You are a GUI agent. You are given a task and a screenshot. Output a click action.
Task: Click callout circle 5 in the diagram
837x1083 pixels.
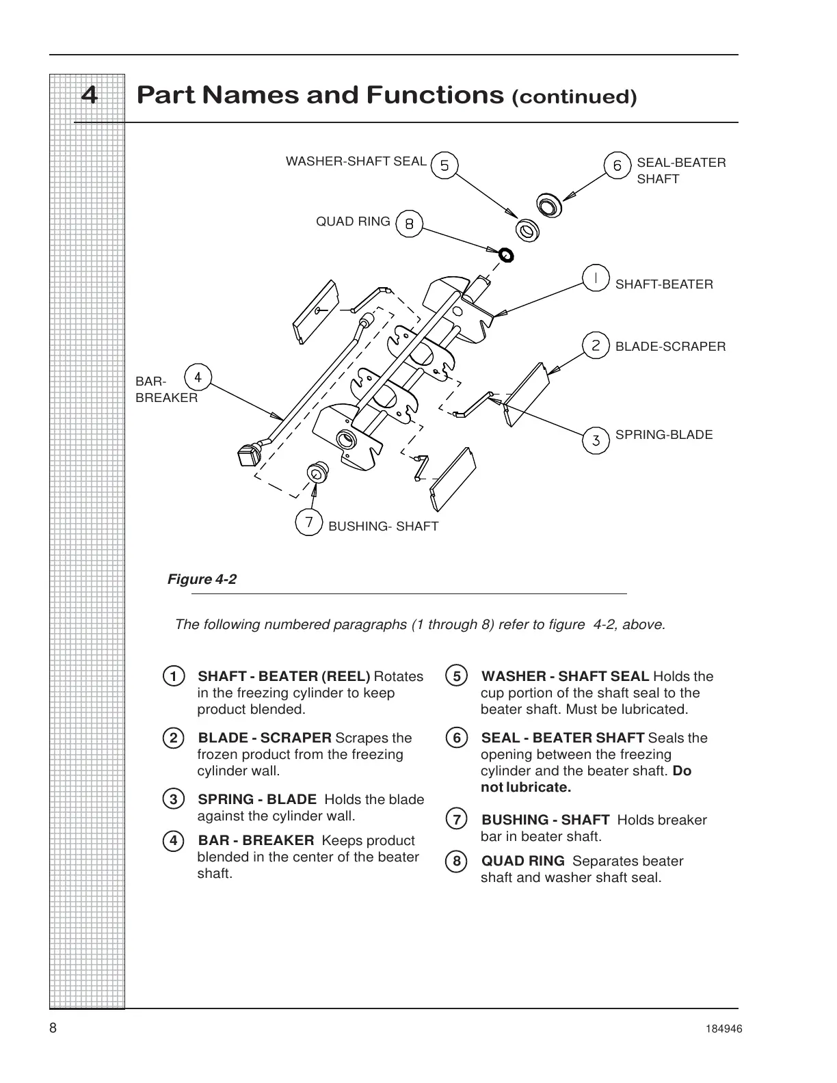pyautogui.click(x=444, y=165)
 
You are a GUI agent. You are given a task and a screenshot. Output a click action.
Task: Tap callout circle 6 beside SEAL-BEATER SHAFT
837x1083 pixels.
pyautogui.click(x=617, y=165)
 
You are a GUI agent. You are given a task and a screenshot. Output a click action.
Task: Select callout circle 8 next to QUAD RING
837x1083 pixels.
pyautogui.click(x=409, y=224)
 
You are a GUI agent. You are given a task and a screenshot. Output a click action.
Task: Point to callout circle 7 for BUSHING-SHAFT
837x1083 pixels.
pyautogui.click(x=309, y=522)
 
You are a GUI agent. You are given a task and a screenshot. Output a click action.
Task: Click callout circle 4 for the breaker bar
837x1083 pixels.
pyautogui.click(x=198, y=377)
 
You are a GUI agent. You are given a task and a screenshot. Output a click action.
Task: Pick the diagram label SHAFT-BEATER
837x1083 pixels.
pyautogui.click(x=663, y=284)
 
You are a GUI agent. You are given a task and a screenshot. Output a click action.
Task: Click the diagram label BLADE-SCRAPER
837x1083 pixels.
pyautogui.click(x=670, y=347)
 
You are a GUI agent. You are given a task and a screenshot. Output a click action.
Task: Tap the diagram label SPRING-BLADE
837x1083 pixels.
pyautogui.click(x=663, y=435)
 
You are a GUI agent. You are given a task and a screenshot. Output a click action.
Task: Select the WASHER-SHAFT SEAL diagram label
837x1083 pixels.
pyautogui.click(x=356, y=162)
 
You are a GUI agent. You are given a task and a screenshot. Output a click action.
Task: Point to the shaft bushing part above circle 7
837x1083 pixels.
pyautogui.click(x=317, y=472)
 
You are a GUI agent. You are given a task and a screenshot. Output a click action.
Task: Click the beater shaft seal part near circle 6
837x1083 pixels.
pyautogui.click(x=548, y=204)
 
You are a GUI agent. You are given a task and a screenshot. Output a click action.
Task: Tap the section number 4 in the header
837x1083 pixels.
pyautogui.click(x=89, y=95)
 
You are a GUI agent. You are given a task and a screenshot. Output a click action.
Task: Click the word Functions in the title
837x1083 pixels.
pyautogui.click(x=435, y=95)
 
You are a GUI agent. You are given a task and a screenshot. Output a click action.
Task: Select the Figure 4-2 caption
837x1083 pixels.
pyautogui.click(x=202, y=580)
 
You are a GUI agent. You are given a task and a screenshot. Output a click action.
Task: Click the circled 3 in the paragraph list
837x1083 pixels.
pyautogui.click(x=174, y=799)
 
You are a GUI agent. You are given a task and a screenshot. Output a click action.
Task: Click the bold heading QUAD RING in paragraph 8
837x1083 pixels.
pyautogui.click(x=523, y=861)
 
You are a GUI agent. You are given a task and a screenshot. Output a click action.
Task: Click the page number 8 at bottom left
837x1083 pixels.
pyautogui.click(x=53, y=1029)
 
